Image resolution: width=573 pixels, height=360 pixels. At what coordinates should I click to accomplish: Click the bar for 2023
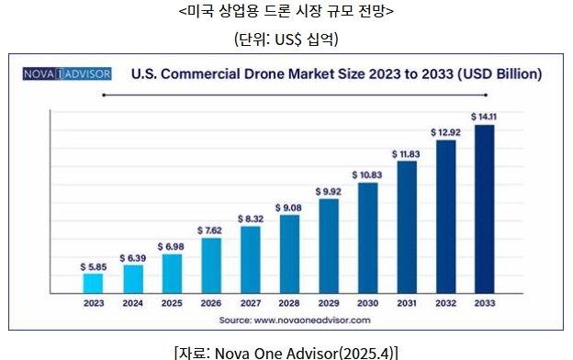point(93,283)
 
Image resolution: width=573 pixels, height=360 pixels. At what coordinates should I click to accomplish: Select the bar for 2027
point(251,260)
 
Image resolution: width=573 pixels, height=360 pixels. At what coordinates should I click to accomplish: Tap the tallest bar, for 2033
point(485,209)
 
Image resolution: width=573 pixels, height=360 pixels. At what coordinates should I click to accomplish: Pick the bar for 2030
point(368,238)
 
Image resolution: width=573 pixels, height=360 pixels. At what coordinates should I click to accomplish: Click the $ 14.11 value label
point(484,117)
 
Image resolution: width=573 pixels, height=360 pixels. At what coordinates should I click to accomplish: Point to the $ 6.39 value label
point(133,258)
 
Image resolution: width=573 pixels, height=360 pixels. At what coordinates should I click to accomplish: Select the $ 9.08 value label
point(288,208)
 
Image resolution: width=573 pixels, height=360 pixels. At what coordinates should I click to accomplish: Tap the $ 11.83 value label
point(406,154)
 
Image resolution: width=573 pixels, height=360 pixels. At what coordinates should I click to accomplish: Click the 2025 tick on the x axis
point(172,303)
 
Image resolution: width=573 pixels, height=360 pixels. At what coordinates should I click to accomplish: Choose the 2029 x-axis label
point(329,303)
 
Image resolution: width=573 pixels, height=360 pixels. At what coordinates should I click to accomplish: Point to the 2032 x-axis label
point(446,303)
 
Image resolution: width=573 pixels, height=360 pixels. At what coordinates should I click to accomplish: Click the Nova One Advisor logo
point(67,73)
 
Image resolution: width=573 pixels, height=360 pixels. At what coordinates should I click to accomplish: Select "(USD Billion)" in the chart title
point(500,73)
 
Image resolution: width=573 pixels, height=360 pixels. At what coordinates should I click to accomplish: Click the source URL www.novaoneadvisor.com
point(312,321)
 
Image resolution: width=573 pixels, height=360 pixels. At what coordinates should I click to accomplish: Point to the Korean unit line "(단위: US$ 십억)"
point(286,39)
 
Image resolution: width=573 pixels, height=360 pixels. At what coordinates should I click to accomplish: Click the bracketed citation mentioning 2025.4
point(286,353)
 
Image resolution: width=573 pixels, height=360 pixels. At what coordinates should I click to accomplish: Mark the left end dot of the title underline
point(104,95)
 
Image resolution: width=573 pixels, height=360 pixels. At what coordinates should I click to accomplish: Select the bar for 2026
point(211,265)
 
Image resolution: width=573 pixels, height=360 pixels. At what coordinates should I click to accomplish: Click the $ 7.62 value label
point(209,231)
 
